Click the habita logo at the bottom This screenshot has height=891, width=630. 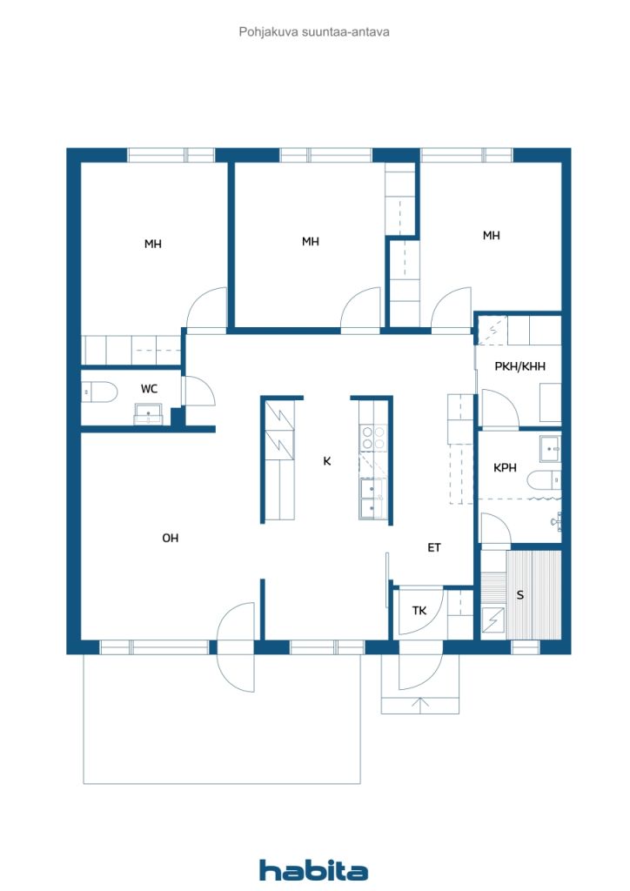click(313, 870)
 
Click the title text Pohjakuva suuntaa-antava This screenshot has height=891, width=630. click(314, 32)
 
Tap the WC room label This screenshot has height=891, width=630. click(149, 389)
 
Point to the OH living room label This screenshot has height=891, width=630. click(170, 538)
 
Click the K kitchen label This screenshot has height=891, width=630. click(326, 461)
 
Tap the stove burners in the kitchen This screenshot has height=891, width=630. click(373, 438)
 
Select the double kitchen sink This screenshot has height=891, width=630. click(372, 498)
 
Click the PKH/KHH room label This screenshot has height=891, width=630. click(519, 366)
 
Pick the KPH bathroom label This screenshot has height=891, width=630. click(505, 467)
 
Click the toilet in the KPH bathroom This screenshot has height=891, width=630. click(544, 480)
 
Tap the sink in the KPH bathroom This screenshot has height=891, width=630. click(550, 449)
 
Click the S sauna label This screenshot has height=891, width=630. click(519, 595)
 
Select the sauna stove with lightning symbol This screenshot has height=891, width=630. click(493, 620)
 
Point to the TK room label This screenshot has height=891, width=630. click(419, 610)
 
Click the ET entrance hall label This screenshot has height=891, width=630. click(434, 547)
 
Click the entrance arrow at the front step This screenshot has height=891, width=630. click(419, 705)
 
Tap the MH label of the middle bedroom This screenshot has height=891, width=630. click(310, 242)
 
